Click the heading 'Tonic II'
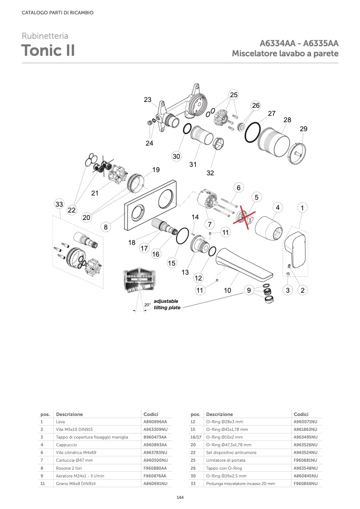tap(48, 51)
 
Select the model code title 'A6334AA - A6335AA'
tap(299, 44)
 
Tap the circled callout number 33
tap(60, 205)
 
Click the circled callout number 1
tap(302, 208)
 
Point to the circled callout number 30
tap(177, 156)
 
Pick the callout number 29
tap(304, 129)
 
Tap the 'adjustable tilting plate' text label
tap(166, 304)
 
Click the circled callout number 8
tap(106, 227)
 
